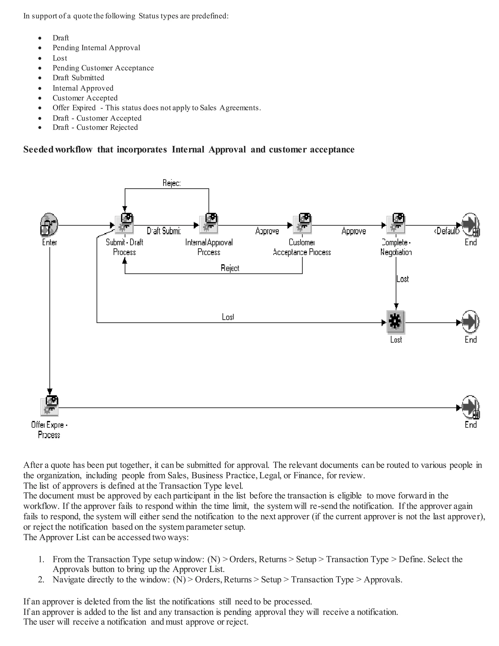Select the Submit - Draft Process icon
(125, 224)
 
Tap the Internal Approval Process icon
(209, 224)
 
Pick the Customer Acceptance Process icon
(302, 224)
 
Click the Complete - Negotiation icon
(396, 224)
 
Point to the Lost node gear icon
(395, 322)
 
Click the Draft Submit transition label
(164, 231)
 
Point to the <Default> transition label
(447, 231)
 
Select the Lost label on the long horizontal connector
(228, 317)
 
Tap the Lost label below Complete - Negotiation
(403, 279)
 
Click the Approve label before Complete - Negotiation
(354, 231)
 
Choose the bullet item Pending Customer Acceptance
(103, 68)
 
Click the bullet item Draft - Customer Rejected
(95, 127)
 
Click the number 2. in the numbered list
(41, 579)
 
